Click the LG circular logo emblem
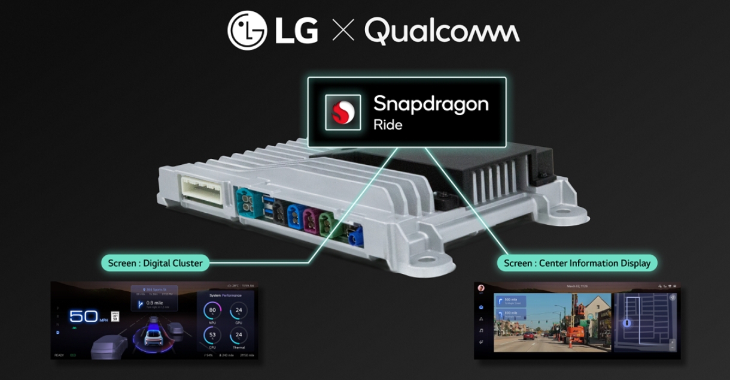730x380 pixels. coord(247,30)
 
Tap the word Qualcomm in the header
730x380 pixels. coord(442,31)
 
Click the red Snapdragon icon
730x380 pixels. coord(343,112)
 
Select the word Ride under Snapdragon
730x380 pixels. coord(388,125)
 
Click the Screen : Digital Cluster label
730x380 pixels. coord(155,263)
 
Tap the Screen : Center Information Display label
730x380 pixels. coord(577,263)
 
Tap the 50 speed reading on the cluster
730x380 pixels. coord(83,316)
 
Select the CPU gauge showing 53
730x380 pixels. coord(212,335)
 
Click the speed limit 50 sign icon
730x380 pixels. coord(115,316)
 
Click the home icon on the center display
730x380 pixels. coord(481,307)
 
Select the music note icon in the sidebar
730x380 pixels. coord(481,330)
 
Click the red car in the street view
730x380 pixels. coord(529,335)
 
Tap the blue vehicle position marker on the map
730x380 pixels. coord(627,323)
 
